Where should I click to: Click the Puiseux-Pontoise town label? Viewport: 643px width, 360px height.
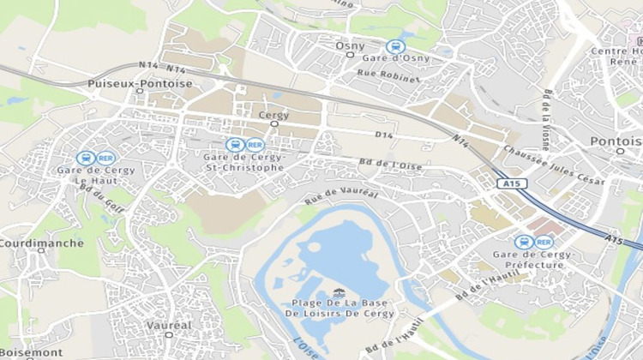[x=140, y=83]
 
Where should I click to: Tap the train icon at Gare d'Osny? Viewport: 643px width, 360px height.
[x=394, y=47]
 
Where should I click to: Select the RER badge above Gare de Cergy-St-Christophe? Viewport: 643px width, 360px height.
[x=255, y=145]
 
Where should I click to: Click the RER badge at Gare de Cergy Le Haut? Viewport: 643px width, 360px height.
[x=106, y=158]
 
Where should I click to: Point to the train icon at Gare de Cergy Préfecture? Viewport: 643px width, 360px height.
[x=524, y=243]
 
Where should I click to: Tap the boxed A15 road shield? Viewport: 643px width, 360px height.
[x=510, y=184]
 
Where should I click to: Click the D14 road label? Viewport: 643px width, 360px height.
[x=384, y=135]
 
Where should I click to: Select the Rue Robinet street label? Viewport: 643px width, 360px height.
[x=389, y=77]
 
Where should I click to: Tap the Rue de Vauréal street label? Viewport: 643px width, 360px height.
[x=341, y=196]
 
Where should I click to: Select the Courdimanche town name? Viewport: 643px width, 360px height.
[x=41, y=243]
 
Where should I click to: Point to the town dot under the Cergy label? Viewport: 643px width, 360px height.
[x=274, y=123]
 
